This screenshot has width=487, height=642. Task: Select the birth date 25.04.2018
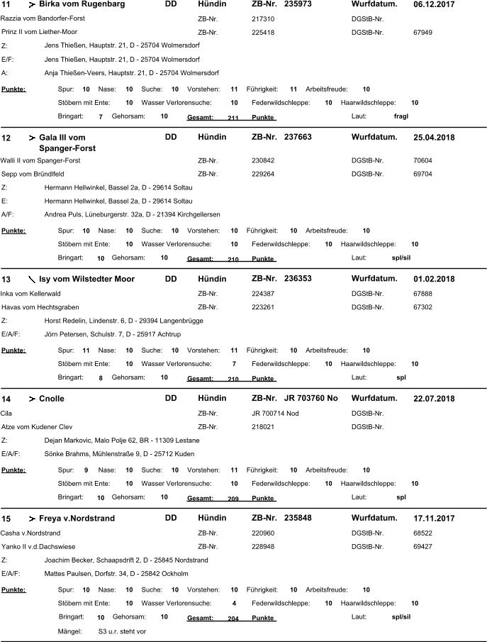click(x=434, y=137)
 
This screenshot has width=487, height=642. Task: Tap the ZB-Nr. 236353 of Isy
click(x=298, y=279)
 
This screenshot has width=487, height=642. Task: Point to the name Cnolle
click(x=52, y=399)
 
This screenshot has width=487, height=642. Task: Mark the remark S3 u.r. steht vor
click(x=122, y=631)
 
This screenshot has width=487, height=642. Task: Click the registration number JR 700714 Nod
click(x=276, y=413)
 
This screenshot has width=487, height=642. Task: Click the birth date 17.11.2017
click(x=434, y=519)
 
